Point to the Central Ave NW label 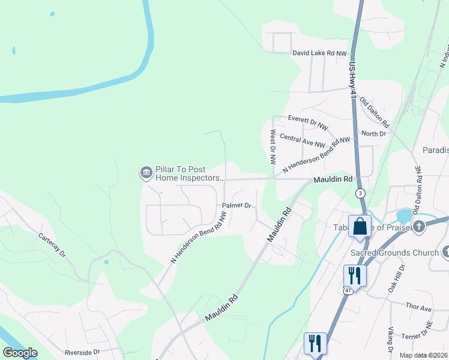(303, 140)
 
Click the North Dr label (374, 133)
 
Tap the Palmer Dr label (236, 205)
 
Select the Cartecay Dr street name (52, 246)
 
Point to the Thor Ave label (418, 308)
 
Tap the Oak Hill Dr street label (402, 277)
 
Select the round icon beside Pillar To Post (146, 173)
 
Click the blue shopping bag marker (360, 227)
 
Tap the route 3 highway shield (360, 193)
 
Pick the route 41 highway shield (348, 290)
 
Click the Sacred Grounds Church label (395, 253)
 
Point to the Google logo (20, 353)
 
